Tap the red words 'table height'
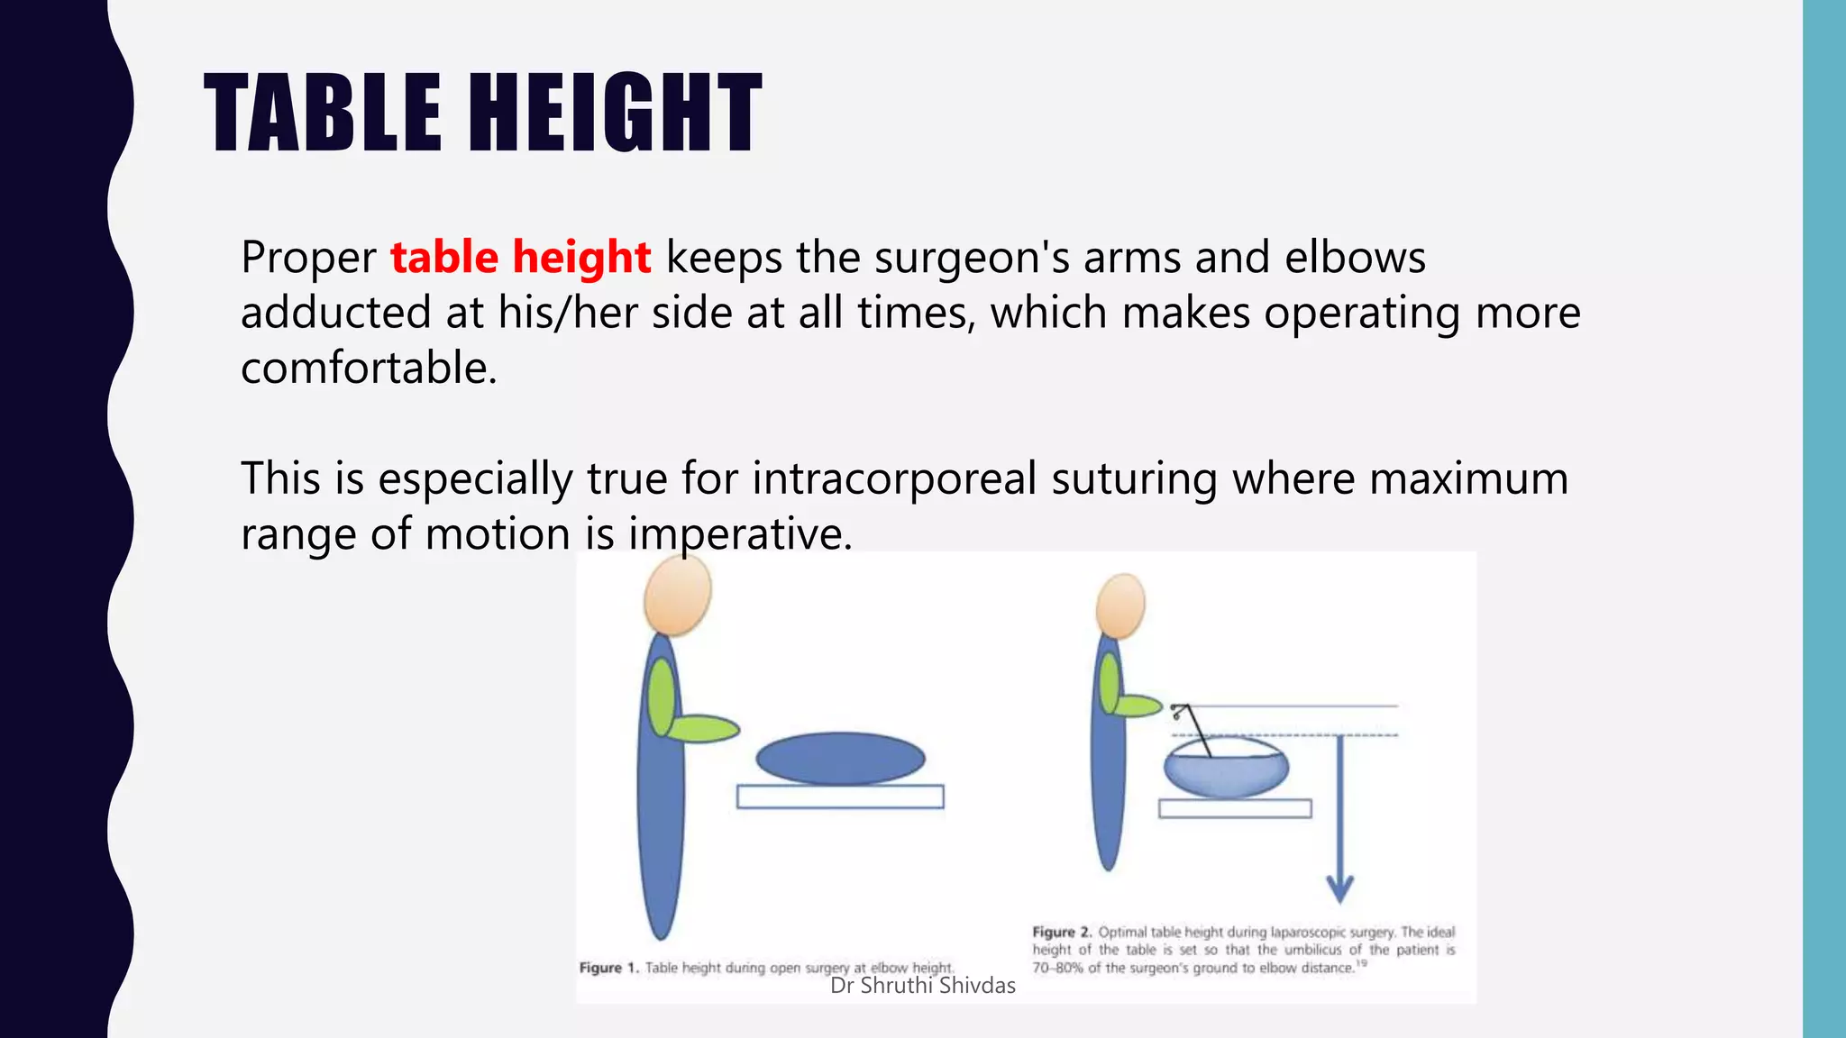coord(520,258)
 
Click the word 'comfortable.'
coord(369,369)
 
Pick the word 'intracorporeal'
coord(894,478)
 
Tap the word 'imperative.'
coord(740,534)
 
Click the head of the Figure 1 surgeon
coord(678,595)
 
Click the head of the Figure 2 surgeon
coord(1120,605)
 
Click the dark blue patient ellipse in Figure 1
coord(840,758)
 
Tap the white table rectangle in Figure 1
coord(840,797)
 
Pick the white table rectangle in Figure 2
coord(1234,808)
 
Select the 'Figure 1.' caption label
coord(609,968)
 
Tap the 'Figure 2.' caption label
coord(1062,932)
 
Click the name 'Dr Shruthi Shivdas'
coord(922,986)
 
